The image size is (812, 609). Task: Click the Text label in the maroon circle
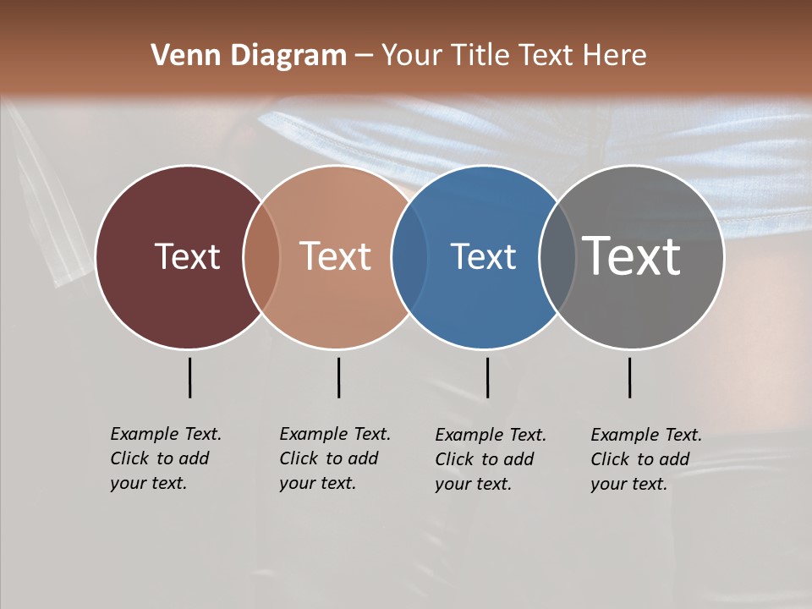pyautogui.click(x=187, y=256)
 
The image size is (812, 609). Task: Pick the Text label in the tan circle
pyautogui.click(x=335, y=256)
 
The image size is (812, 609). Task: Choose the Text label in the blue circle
pyautogui.click(x=483, y=256)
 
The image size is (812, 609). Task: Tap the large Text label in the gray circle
pyautogui.click(x=632, y=256)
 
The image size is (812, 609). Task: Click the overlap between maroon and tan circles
pyautogui.click(x=261, y=256)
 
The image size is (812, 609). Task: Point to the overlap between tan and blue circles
pyautogui.click(x=409, y=256)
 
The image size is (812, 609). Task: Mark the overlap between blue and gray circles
pyautogui.click(x=557, y=256)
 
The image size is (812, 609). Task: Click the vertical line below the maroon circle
pyautogui.click(x=189, y=377)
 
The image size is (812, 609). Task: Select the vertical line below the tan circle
pyautogui.click(x=338, y=377)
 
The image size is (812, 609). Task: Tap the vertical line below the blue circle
pyautogui.click(x=487, y=377)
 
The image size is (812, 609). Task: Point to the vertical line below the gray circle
pyautogui.click(x=629, y=377)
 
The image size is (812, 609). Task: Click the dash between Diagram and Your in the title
pyautogui.click(x=364, y=57)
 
